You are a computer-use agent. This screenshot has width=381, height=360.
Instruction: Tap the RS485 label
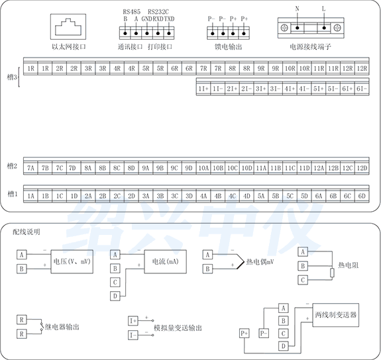[131, 11]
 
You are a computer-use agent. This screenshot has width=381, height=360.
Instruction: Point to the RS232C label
[158, 11]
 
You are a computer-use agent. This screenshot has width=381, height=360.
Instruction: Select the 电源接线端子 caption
[309, 48]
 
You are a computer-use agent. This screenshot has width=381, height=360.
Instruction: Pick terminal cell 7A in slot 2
[30, 168]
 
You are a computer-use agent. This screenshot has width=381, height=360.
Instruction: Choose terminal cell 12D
[361, 168]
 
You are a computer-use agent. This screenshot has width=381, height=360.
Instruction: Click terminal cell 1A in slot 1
[30, 196]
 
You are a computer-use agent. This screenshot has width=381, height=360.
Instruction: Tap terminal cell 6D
[361, 196]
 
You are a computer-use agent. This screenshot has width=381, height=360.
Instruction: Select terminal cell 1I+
[203, 88]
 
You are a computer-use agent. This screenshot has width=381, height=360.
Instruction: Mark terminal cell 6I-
[361, 88]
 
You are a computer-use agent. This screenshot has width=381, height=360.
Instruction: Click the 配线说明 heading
[27, 232]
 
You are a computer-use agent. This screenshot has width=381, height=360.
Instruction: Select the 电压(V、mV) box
[71, 261]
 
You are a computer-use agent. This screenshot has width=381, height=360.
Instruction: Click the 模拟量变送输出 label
[177, 327]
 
